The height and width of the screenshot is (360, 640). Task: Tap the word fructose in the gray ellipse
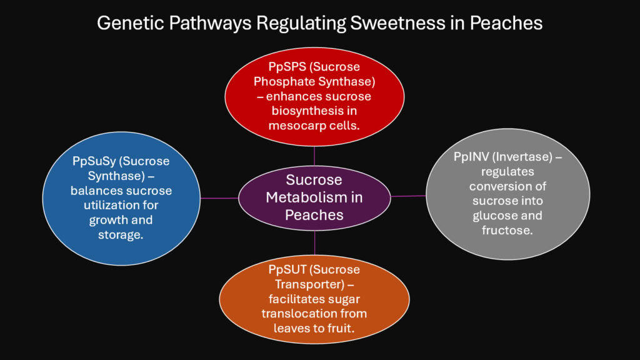507,230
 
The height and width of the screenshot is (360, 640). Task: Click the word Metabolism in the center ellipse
314,197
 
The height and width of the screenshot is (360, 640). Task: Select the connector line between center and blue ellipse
219,198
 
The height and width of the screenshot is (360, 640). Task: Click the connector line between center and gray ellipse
408,196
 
